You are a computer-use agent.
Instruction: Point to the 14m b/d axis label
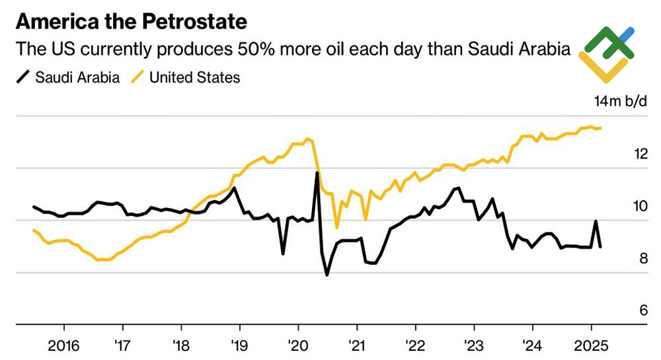(x=621, y=102)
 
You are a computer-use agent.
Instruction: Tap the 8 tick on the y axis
(x=641, y=258)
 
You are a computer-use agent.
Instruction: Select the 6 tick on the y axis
(x=641, y=310)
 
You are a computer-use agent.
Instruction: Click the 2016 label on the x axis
(x=64, y=345)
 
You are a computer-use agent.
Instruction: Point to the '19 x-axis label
(x=239, y=345)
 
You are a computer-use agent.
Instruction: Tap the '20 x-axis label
(x=298, y=345)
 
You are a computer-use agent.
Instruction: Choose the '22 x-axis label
(x=415, y=345)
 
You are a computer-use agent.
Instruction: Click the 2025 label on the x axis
(x=590, y=345)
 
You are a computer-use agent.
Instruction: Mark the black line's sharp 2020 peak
(x=317, y=173)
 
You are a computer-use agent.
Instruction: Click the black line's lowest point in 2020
(x=327, y=274)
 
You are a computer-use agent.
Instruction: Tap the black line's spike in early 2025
(x=596, y=221)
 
